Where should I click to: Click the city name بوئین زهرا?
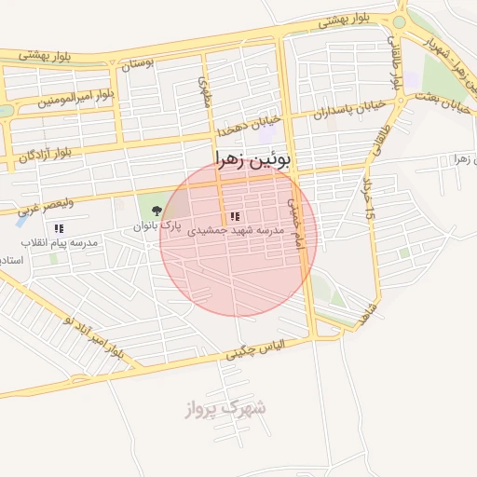(253, 158)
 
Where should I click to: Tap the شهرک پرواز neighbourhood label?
(225, 407)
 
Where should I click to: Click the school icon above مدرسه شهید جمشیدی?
(234, 216)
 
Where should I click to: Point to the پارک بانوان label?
(155, 226)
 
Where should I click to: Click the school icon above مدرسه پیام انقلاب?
(59, 228)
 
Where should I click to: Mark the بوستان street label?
(137, 65)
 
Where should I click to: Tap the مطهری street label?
(206, 92)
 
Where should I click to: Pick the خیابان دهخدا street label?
(245, 129)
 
